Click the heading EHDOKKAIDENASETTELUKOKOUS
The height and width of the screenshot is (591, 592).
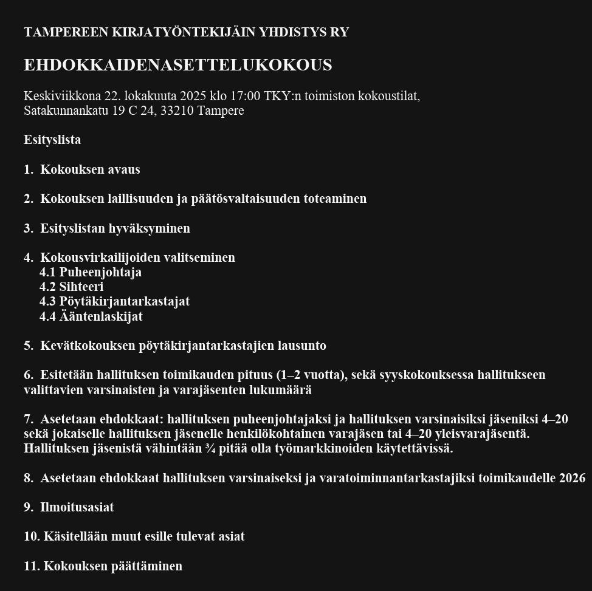tap(177, 65)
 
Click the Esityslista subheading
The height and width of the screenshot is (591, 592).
tap(52, 140)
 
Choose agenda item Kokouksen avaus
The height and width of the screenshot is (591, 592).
tap(89, 169)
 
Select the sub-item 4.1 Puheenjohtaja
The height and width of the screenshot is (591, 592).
tap(91, 272)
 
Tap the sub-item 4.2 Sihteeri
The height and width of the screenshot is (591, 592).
tap(72, 287)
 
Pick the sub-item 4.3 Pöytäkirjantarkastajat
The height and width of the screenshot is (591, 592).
tap(115, 301)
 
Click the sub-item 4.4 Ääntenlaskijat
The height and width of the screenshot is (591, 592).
tap(91, 316)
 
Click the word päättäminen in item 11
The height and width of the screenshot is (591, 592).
tap(146, 566)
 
